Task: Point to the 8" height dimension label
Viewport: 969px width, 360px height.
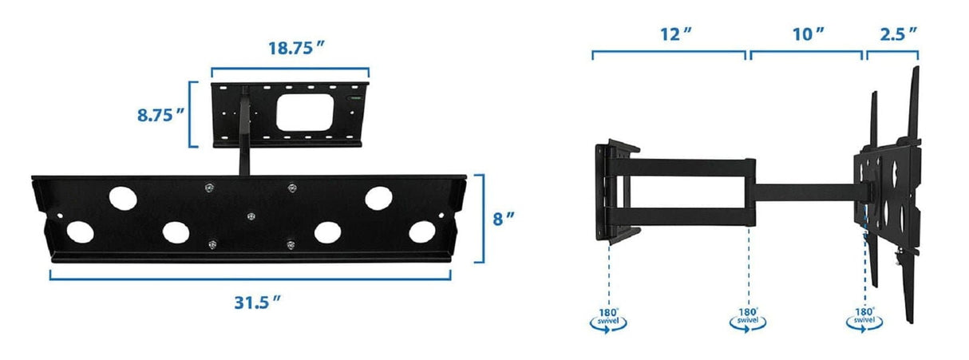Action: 502,219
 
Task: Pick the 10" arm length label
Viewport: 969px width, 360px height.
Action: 809,34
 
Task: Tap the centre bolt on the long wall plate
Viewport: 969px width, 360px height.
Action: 251,216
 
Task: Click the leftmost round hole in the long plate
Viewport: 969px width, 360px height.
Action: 79,232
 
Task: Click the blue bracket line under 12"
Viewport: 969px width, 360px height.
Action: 669,54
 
